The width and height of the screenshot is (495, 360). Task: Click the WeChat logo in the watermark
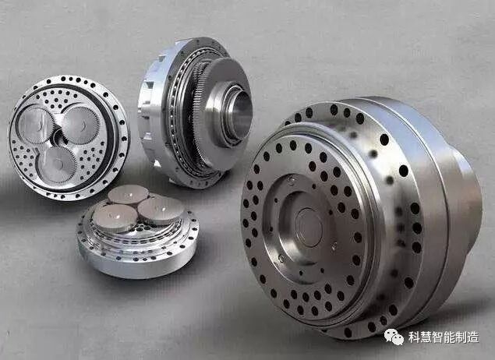[394, 337]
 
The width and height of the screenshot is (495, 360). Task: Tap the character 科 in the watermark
[414, 337]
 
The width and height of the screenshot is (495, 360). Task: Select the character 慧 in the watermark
[426, 337]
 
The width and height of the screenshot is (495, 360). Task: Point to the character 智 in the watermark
[438, 337]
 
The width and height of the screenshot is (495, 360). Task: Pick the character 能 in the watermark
[450, 337]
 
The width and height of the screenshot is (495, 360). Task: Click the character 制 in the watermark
[461, 337]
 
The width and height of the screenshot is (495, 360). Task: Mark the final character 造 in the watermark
[473, 337]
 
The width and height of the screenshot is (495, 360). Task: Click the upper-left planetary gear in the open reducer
[35, 125]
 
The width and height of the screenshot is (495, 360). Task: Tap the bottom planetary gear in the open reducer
[58, 164]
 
